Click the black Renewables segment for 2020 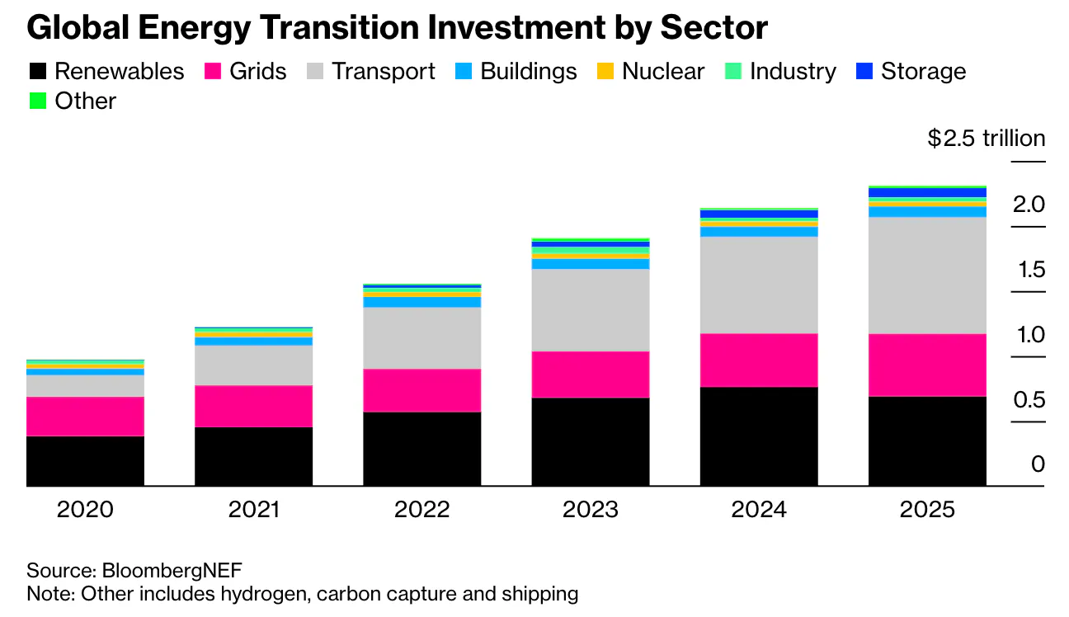pos(85,460)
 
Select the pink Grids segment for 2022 pos(421,390)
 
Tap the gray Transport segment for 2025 pos(927,275)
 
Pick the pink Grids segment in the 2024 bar pos(759,360)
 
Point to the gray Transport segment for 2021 pos(253,365)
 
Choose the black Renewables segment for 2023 pos(591,441)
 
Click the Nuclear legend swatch pos(605,72)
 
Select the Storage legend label pos(923,72)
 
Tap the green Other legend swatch pos(37,101)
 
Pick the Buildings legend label pos(528,72)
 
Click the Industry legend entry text pos(793,72)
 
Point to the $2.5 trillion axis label pos(986,139)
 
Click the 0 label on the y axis pos(1038,465)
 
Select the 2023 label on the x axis pos(591,509)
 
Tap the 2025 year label pos(927,509)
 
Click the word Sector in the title pos(717,29)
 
